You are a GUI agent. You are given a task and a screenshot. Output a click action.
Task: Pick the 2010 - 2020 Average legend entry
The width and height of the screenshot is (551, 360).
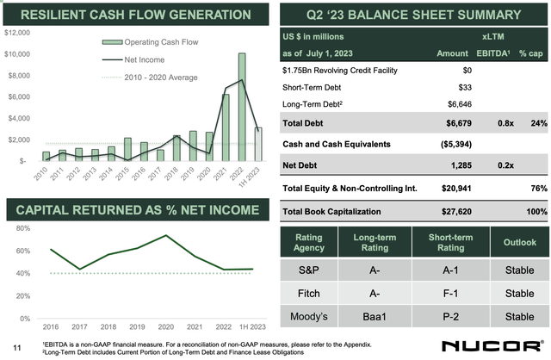[x=149, y=78]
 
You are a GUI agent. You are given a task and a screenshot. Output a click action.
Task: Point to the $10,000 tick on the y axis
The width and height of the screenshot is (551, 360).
[x=18, y=54]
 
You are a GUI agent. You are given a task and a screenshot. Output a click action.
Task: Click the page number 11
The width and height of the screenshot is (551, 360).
[x=15, y=347]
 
